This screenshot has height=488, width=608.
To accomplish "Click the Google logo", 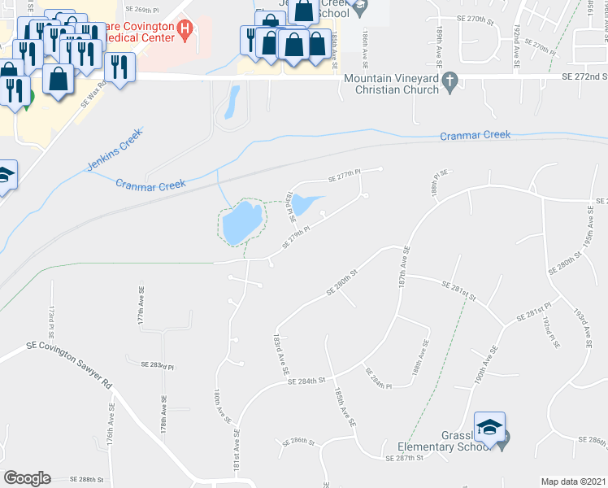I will click(x=27, y=478).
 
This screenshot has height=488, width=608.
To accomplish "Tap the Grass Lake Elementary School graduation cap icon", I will click(x=490, y=429).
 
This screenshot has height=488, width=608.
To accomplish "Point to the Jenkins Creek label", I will click(x=114, y=149).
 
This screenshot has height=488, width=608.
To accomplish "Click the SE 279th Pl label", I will click(x=297, y=237).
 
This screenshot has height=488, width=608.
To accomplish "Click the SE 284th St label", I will click(x=305, y=380).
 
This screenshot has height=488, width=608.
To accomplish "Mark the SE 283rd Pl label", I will click(x=158, y=367).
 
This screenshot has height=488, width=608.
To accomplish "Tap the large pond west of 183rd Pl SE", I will click(x=241, y=222).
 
